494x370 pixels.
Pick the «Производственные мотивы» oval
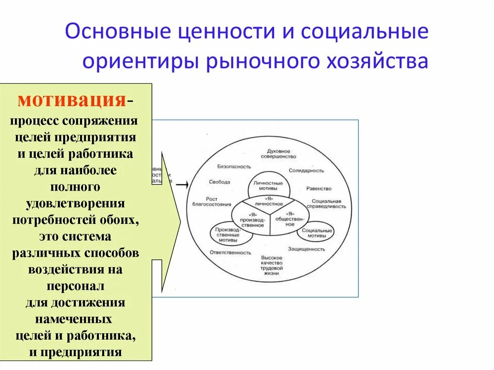click(x=225, y=233)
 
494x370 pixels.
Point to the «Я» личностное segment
click(x=270, y=202)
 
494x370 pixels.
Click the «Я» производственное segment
click(x=251, y=219)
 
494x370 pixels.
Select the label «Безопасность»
click(x=234, y=166)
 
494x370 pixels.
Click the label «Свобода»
click(x=220, y=182)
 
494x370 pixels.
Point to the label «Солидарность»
click(x=307, y=171)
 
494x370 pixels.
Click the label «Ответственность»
click(x=231, y=252)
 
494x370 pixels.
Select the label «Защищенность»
click(x=307, y=249)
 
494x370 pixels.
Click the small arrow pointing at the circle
click(x=181, y=184)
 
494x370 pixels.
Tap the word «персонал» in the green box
click(x=75, y=286)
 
